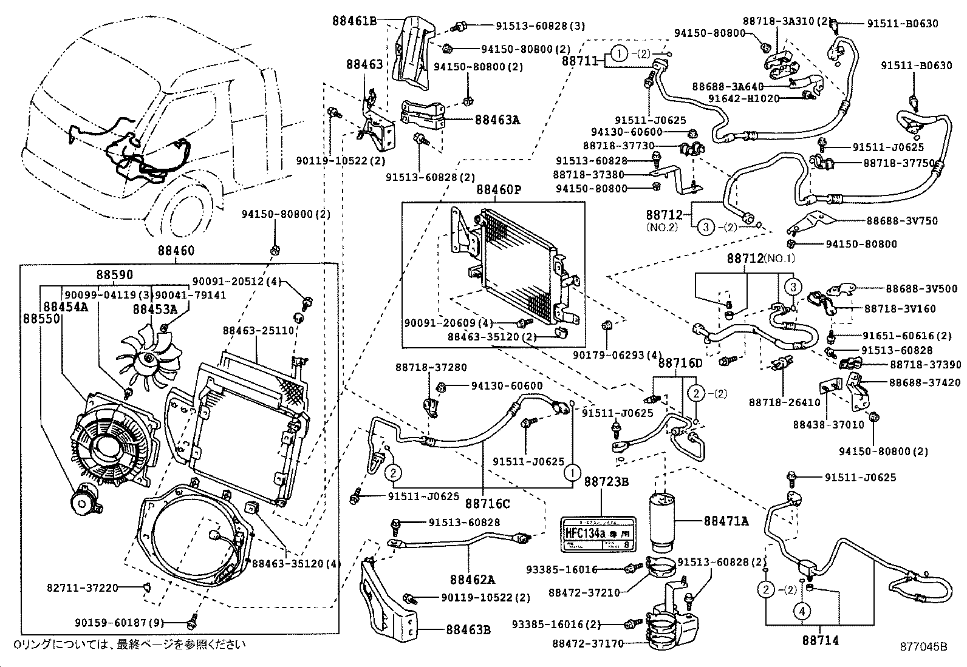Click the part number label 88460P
pos(499,190)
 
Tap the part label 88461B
pos(354,20)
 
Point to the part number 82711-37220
pos(82,587)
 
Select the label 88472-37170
pos(588,643)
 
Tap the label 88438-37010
pos(828,425)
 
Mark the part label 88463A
pos(497,120)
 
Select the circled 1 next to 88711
pos(618,54)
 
